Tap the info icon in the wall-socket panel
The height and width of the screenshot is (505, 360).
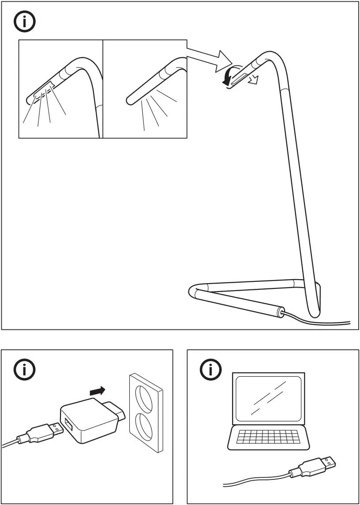pos(26,370)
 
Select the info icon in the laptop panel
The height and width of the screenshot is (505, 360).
pos(211,370)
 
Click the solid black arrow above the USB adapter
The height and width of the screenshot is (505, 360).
pos(97,390)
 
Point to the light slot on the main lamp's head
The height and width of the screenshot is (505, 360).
pos(241,78)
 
